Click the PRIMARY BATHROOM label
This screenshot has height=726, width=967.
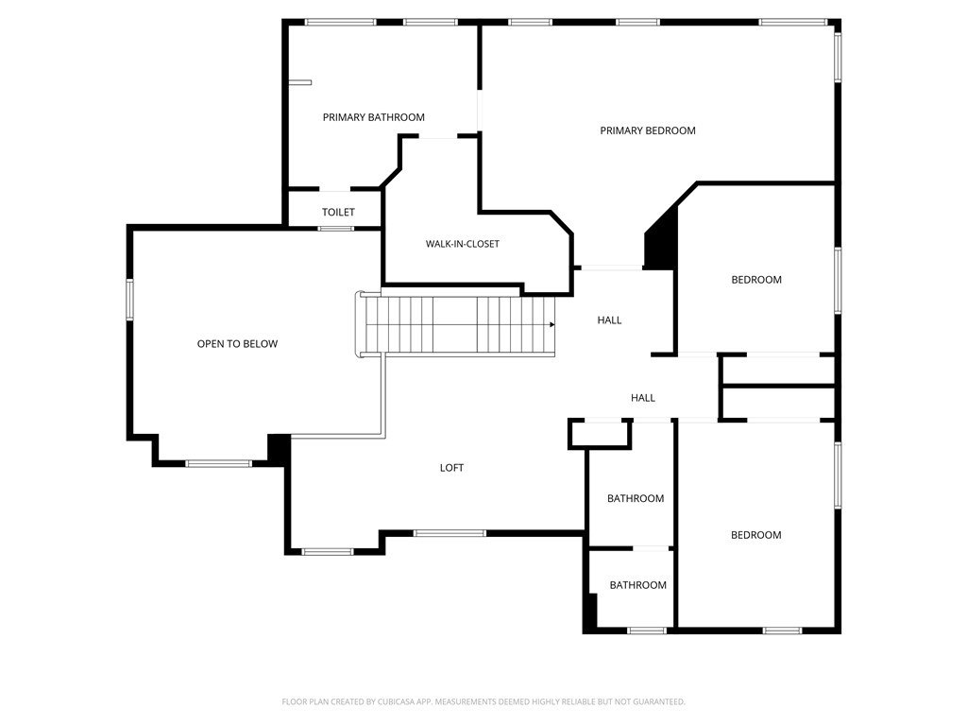pyautogui.click(x=374, y=117)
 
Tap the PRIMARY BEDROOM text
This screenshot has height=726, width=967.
pyautogui.click(x=648, y=130)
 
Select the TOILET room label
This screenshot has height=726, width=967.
pyautogui.click(x=338, y=213)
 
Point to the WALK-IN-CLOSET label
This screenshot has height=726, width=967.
pyautogui.click(x=463, y=244)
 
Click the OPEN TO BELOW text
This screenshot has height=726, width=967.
pyautogui.click(x=237, y=344)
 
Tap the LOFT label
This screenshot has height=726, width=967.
pyautogui.click(x=451, y=468)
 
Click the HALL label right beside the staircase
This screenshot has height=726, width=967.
pyautogui.click(x=609, y=320)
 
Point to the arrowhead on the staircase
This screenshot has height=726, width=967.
pyautogui.click(x=552, y=325)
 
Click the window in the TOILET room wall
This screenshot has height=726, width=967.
pyautogui.click(x=336, y=229)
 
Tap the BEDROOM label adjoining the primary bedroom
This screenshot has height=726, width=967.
pyautogui.click(x=756, y=280)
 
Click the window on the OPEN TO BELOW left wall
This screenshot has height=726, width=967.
pyautogui.click(x=129, y=300)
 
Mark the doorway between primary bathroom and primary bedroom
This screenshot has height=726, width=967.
pyautogui.click(x=479, y=112)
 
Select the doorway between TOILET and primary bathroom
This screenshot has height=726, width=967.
pyautogui.click(x=334, y=188)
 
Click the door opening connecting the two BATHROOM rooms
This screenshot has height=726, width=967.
pyautogui.click(x=651, y=548)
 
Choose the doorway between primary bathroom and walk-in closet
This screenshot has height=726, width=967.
pyautogui.click(x=438, y=136)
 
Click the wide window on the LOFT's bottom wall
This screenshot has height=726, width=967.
pyautogui.click(x=450, y=533)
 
